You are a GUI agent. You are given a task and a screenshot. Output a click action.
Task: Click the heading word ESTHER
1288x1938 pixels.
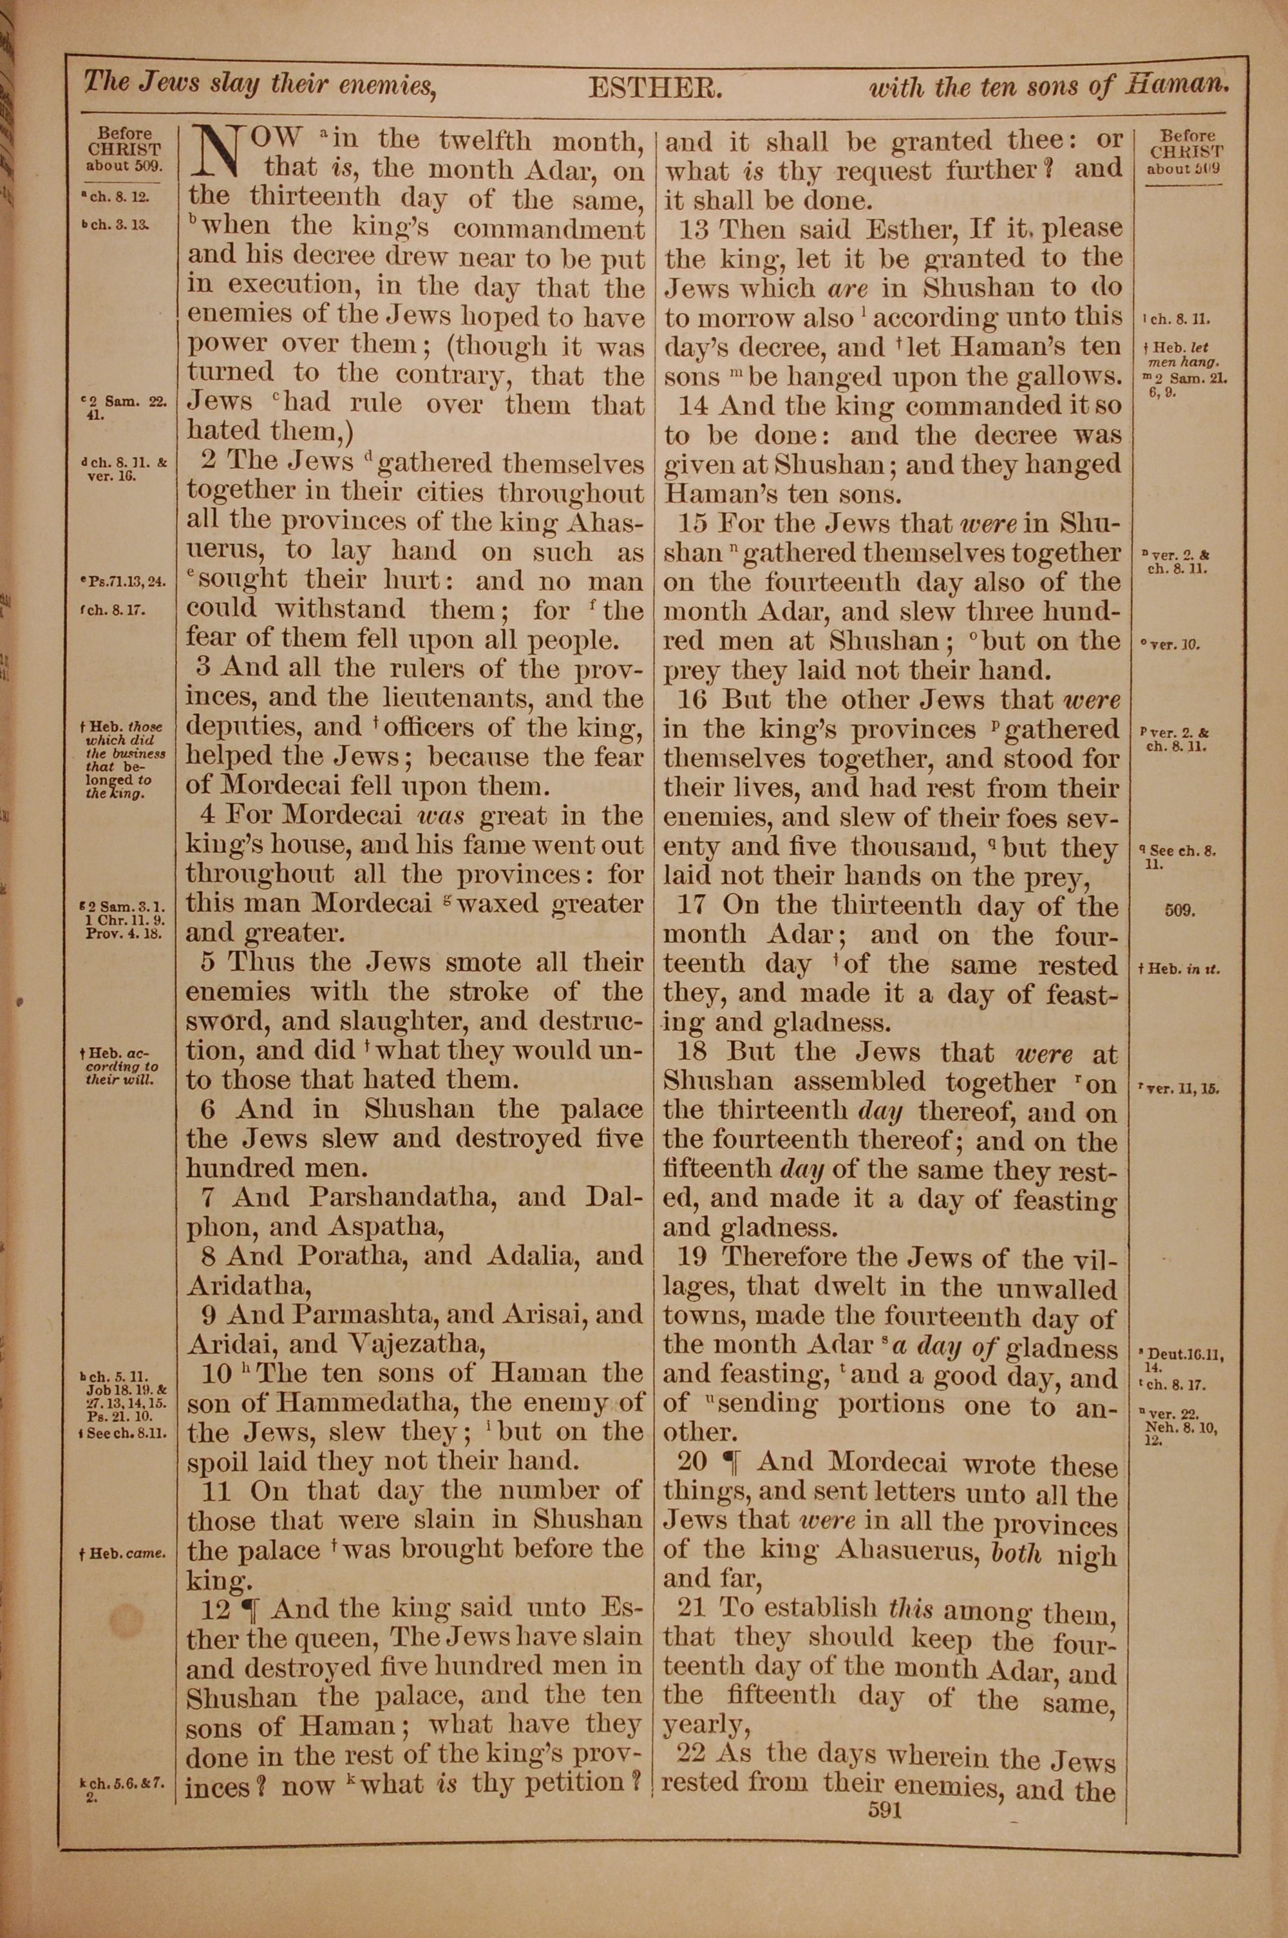(x=655, y=88)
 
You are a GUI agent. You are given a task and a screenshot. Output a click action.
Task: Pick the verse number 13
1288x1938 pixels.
(x=695, y=228)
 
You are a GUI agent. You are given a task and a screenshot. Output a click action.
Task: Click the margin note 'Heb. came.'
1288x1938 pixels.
(x=122, y=1553)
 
